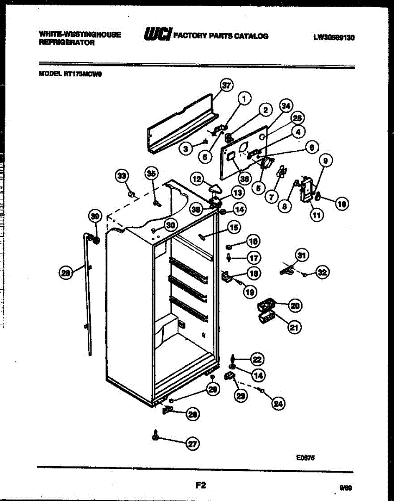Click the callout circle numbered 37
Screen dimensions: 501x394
click(226, 86)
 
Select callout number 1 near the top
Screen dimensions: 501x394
click(245, 99)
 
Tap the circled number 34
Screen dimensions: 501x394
click(286, 106)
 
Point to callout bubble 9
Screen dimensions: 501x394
click(326, 160)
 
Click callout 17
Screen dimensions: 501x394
click(253, 258)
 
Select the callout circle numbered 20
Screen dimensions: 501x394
click(295, 306)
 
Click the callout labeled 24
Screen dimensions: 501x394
click(278, 403)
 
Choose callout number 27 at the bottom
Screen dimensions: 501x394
click(192, 444)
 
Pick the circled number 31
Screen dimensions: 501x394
click(302, 254)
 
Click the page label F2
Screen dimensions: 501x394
click(201, 485)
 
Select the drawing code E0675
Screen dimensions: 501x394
click(305, 458)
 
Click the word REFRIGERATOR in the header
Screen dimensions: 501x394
click(67, 43)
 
